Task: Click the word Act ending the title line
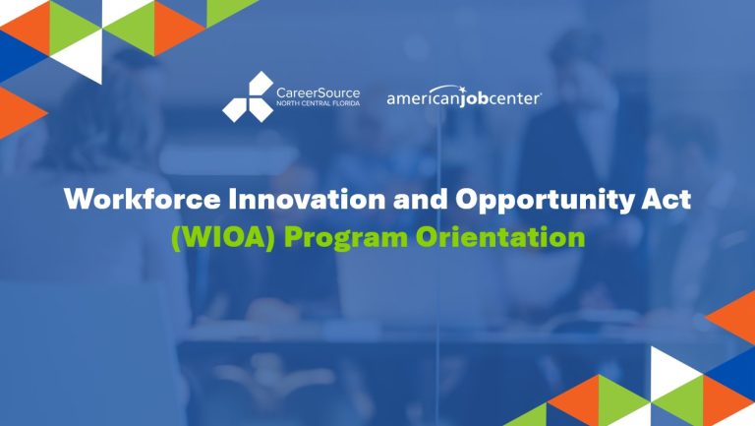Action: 668,201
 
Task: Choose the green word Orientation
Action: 500,239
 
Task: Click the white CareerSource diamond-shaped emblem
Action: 248,97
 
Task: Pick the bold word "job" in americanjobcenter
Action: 481,100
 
